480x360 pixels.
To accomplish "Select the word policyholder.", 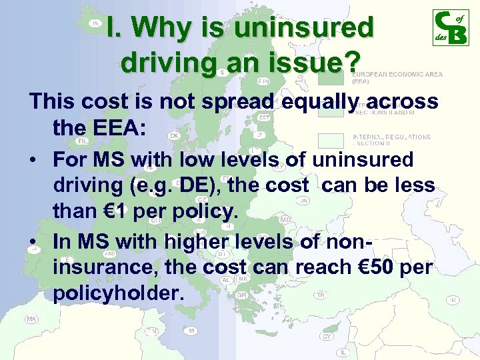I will point(114,294).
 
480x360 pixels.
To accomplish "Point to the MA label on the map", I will point(31,319).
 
